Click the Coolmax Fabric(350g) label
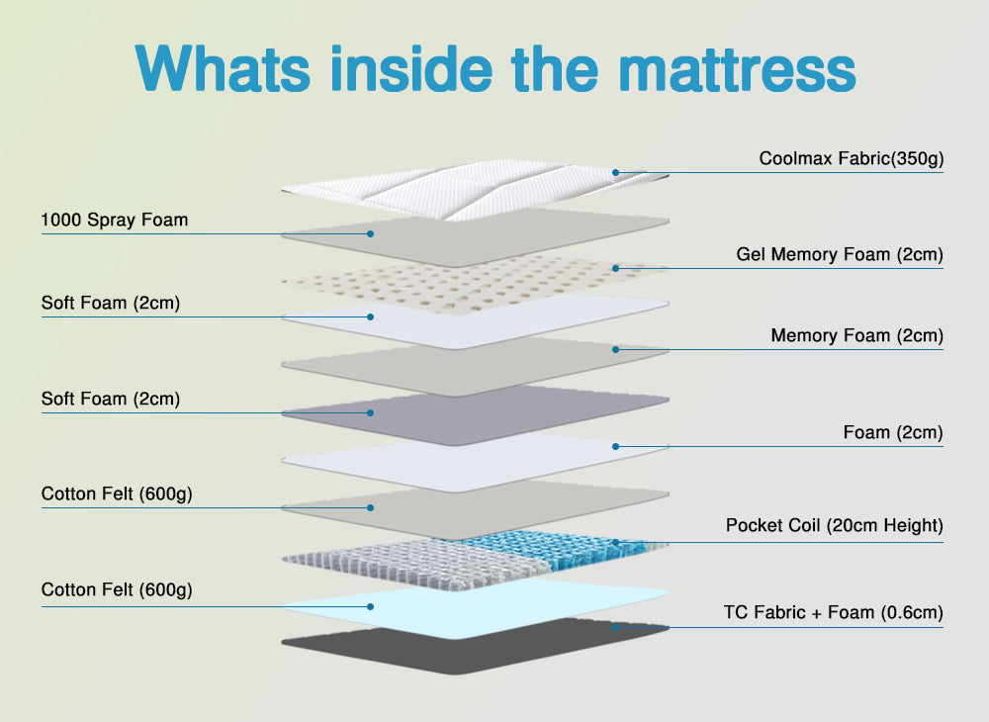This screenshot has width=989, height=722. click(x=851, y=158)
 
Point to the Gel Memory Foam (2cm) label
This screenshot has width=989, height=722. click(x=840, y=254)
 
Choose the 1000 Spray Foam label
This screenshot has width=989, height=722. click(x=115, y=220)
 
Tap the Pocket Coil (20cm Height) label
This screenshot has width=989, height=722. click(x=834, y=525)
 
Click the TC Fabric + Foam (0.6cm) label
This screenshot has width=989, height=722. click(x=833, y=612)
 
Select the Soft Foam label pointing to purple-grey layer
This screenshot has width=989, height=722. click(x=111, y=399)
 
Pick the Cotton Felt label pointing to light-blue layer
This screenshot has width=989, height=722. click(x=117, y=590)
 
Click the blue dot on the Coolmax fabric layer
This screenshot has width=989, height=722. click(x=615, y=172)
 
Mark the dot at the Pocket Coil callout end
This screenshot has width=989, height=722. click(x=615, y=542)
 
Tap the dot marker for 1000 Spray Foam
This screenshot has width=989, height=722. click(x=370, y=233)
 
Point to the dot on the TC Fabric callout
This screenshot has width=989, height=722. click(x=615, y=626)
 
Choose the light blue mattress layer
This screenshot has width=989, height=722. click(x=475, y=605)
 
